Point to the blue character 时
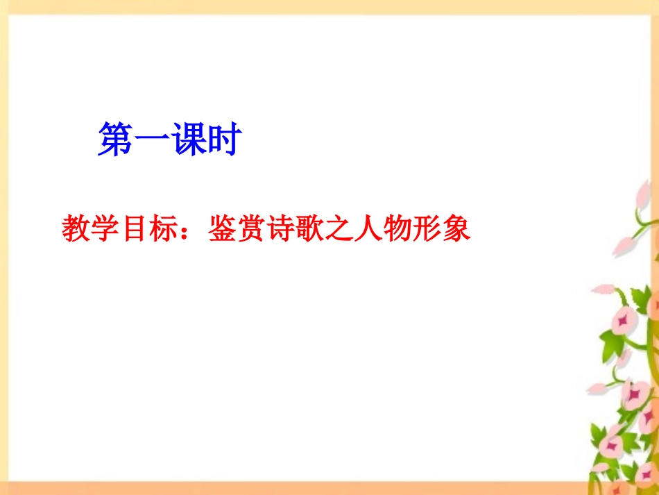pos(221,140)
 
